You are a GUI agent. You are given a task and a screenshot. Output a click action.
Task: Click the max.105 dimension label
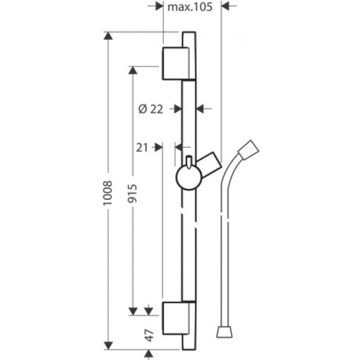click(x=190, y=7)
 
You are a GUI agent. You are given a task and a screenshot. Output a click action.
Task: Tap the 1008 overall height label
click(x=107, y=193)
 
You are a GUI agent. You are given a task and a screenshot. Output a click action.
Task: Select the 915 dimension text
click(x=133, y=193)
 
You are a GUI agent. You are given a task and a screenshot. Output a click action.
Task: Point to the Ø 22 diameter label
click(x=151, y=109)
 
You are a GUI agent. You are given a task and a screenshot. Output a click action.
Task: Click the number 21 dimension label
click(x=142, y=148)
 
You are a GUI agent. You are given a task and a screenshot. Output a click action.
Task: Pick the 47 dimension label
click(x=149, y=335)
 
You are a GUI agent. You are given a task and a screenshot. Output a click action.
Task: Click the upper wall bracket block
click(x=176, y=64)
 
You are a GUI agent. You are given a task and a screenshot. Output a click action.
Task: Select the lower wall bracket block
click(x=176, y=318)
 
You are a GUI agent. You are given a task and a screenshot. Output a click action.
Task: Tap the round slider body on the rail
click(x=189, y=178)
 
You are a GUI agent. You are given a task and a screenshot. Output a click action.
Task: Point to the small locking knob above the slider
click(x=189, y=162)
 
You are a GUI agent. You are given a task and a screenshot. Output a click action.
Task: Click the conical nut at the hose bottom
click(x=224, y=332)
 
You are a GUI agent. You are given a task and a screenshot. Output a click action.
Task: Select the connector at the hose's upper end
click(x=248, y=150)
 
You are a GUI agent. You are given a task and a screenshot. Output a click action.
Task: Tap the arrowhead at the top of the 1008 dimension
click(x=108, y=36)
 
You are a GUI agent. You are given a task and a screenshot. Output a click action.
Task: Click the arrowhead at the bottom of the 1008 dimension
click(x=108, y=346)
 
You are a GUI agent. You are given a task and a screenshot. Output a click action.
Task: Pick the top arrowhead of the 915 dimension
click(x=133, y=70)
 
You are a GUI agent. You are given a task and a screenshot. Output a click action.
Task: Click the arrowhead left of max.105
click(x=160, y=6)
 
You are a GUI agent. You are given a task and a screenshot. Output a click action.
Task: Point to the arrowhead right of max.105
click(x=225, y=6)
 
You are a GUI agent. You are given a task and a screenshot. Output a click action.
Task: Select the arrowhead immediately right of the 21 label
click(x=158, y=148)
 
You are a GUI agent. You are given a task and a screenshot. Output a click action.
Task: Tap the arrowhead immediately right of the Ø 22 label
click(x=178, y=109)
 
